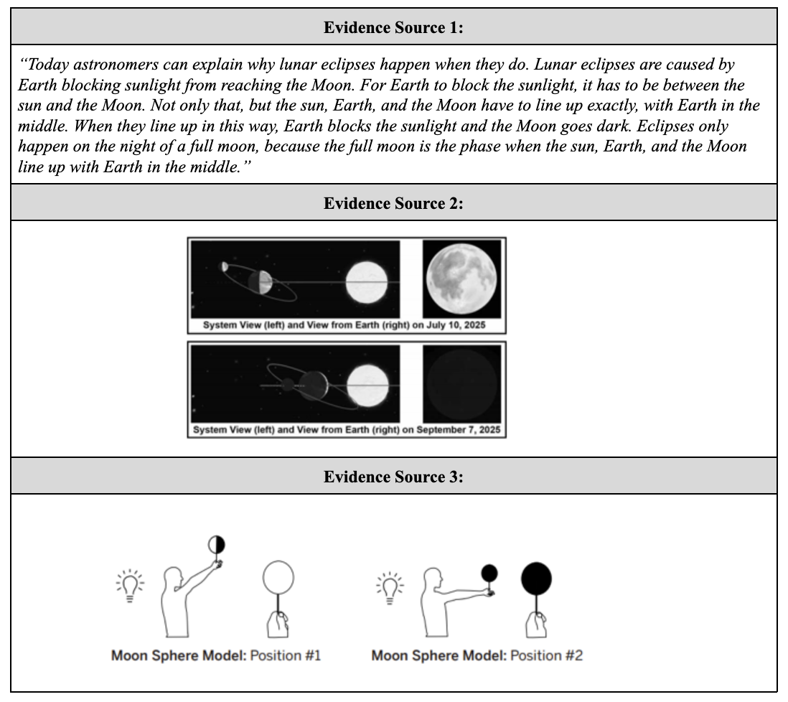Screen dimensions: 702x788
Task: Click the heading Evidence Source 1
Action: (x=393, y=27)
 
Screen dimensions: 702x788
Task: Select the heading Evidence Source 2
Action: (x=393, y=203)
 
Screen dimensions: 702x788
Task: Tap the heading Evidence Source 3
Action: (x=393, y=477)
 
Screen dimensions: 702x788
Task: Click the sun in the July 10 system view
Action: (x=367, y=281)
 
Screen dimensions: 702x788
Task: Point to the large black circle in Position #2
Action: (x=537, y=579)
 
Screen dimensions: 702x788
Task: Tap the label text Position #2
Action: (x=545, y=656)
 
